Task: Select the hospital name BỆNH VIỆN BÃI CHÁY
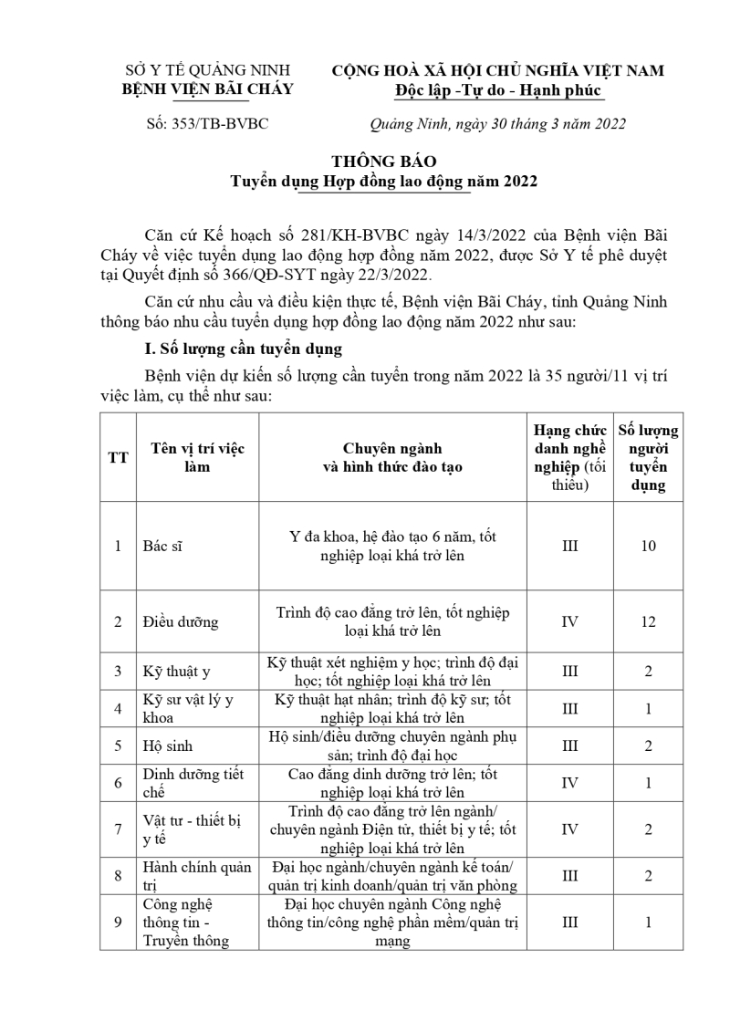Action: [x=208, y=89]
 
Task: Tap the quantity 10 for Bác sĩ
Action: [x=648, y=547]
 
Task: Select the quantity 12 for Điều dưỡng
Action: [x=648, y=622]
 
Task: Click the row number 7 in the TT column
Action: [x=118, y=829]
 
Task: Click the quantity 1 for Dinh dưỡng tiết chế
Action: [x=648, y=783]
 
